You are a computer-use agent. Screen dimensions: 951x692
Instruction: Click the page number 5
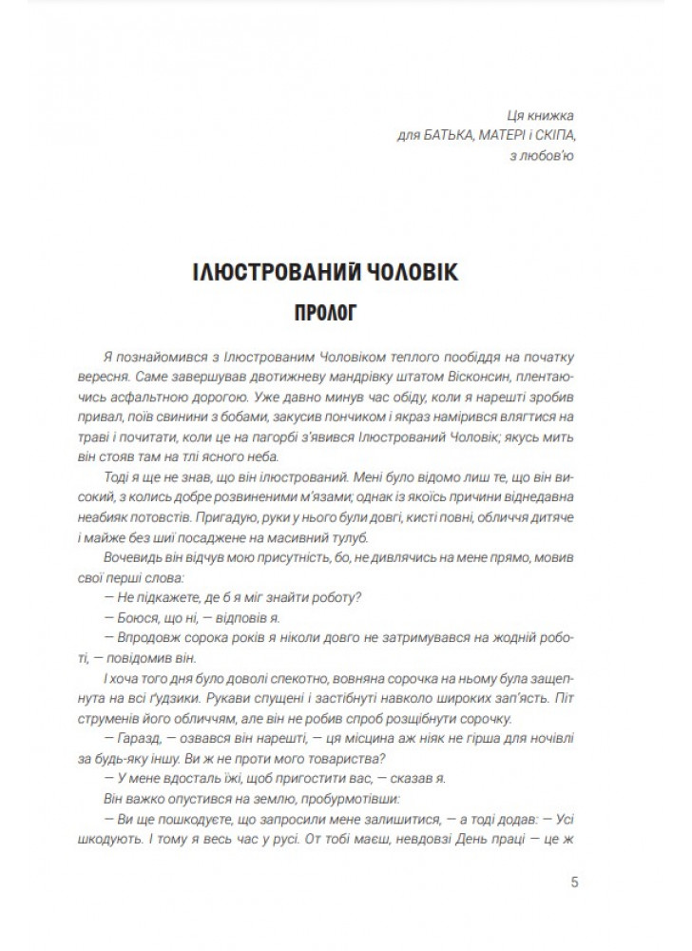coord(574,881)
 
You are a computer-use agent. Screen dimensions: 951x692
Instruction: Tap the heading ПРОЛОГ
coord(346,313)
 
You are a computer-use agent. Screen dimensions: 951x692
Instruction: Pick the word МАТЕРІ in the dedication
coord(511,135)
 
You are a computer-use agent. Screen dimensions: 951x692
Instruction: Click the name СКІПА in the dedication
coord(559,135)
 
